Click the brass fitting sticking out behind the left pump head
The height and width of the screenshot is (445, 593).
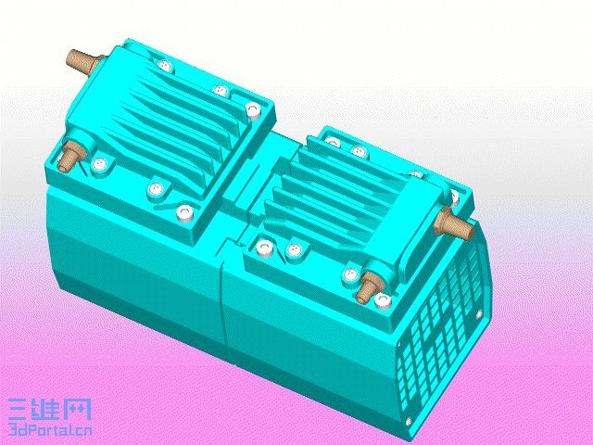pyautogui.click(x=82, y=64)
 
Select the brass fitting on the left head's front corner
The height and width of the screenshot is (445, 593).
pyautogui.click(x=67, y=157)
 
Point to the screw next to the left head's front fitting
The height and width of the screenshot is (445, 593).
pyautogui.click(x=100, y=167)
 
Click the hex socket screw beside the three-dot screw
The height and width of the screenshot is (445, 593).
pyautogui.click(x=266, y=248)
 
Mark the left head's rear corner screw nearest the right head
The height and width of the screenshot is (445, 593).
pyautogui.click(x=252, y=108)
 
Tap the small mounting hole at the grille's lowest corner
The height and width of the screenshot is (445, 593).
pyautogui.click(x=411, y=422)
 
